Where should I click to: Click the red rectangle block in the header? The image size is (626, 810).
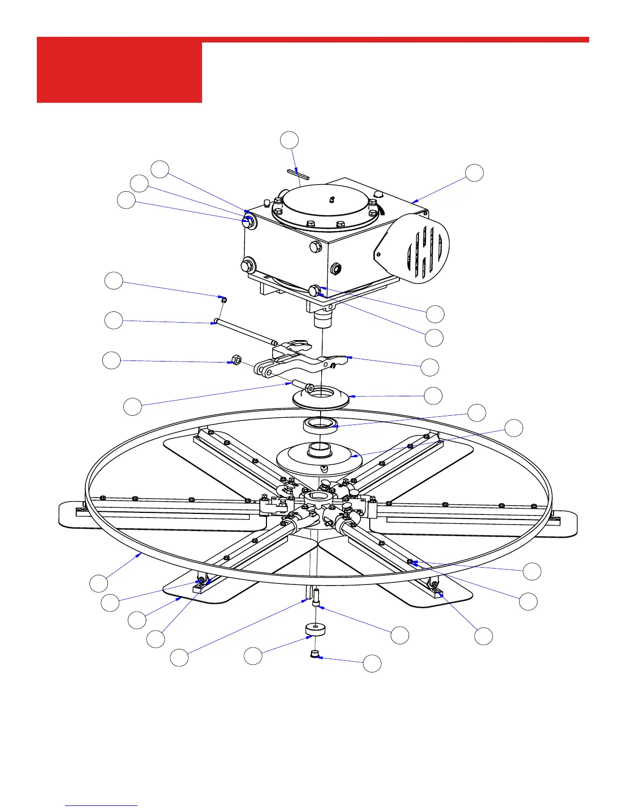click(x=119, y=72)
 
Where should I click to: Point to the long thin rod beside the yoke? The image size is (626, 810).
click(x=245, y=332)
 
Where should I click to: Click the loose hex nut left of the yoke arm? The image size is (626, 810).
click(x=236, y=360)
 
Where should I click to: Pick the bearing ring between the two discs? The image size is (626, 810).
click(x=320, y=424)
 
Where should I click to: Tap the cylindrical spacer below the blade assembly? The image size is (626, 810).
click(x=316, y=629)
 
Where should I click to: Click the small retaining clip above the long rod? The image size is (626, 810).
click(x=223, y=299)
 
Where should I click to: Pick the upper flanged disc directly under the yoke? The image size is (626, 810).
click(x=320, y=398)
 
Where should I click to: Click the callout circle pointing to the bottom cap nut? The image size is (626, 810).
click(x=372, y=663)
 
